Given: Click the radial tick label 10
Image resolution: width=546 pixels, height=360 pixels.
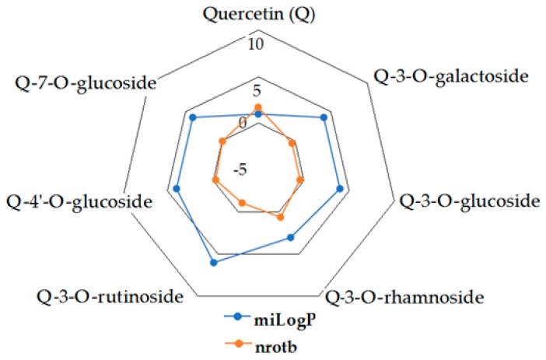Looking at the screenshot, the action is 257,44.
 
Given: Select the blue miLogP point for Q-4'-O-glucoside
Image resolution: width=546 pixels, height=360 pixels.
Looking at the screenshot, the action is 177,188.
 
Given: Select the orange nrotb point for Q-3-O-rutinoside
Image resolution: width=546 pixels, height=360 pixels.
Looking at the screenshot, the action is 241,204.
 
